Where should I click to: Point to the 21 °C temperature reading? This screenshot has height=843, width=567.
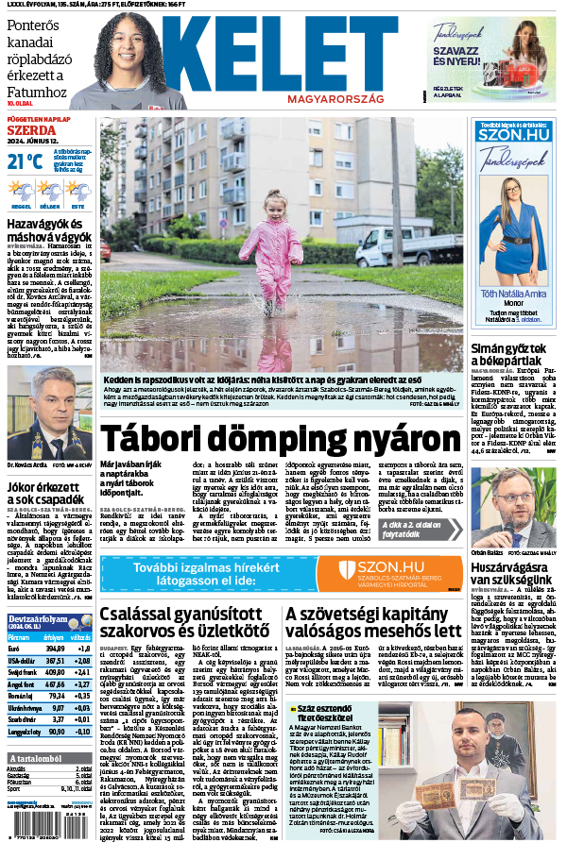[x=26, y=161]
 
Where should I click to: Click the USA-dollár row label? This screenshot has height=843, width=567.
[x=21, y=662]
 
